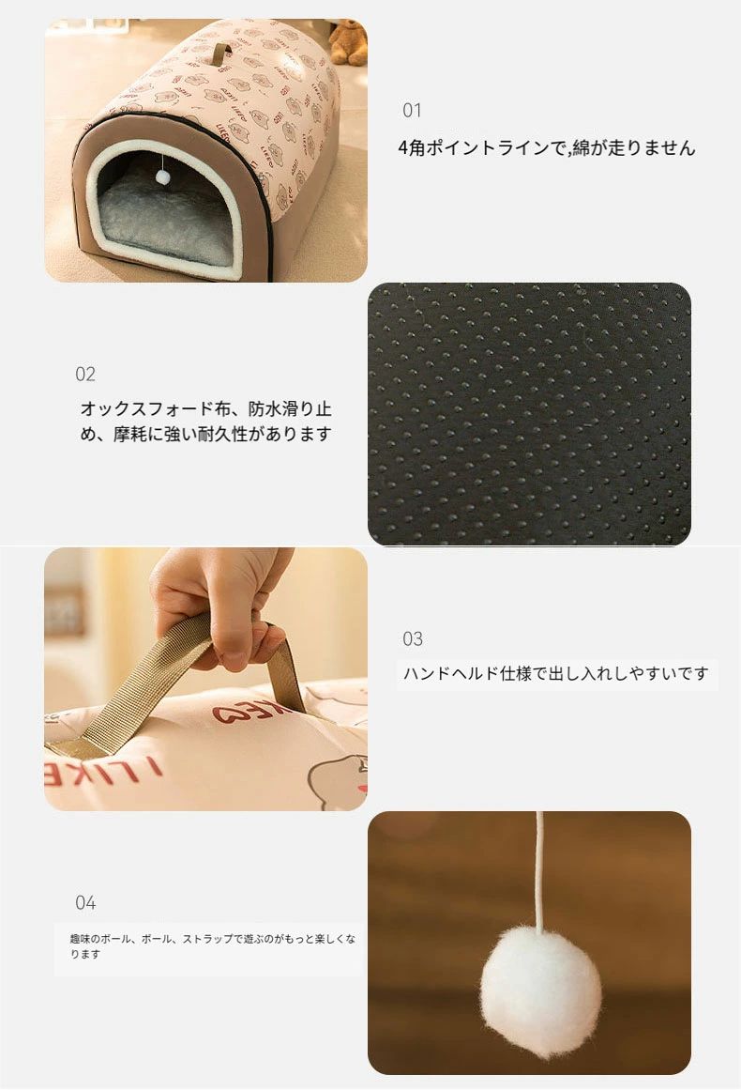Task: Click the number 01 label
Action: (412, 110)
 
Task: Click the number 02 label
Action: (84, 374)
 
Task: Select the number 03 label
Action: (413, 638)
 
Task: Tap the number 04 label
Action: (84, 902)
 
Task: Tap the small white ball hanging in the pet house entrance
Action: (162, 177)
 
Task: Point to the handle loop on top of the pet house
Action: (222, 53)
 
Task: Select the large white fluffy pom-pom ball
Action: (541, 986)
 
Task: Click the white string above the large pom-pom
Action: (539, 869)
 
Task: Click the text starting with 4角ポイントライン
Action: (547, 147)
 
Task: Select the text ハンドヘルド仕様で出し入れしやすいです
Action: (556, 673)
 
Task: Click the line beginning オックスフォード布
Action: (206, 408)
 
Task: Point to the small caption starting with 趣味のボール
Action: (212, 946)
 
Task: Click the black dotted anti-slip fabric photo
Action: (529, 414)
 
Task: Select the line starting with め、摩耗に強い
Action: (206, 434)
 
